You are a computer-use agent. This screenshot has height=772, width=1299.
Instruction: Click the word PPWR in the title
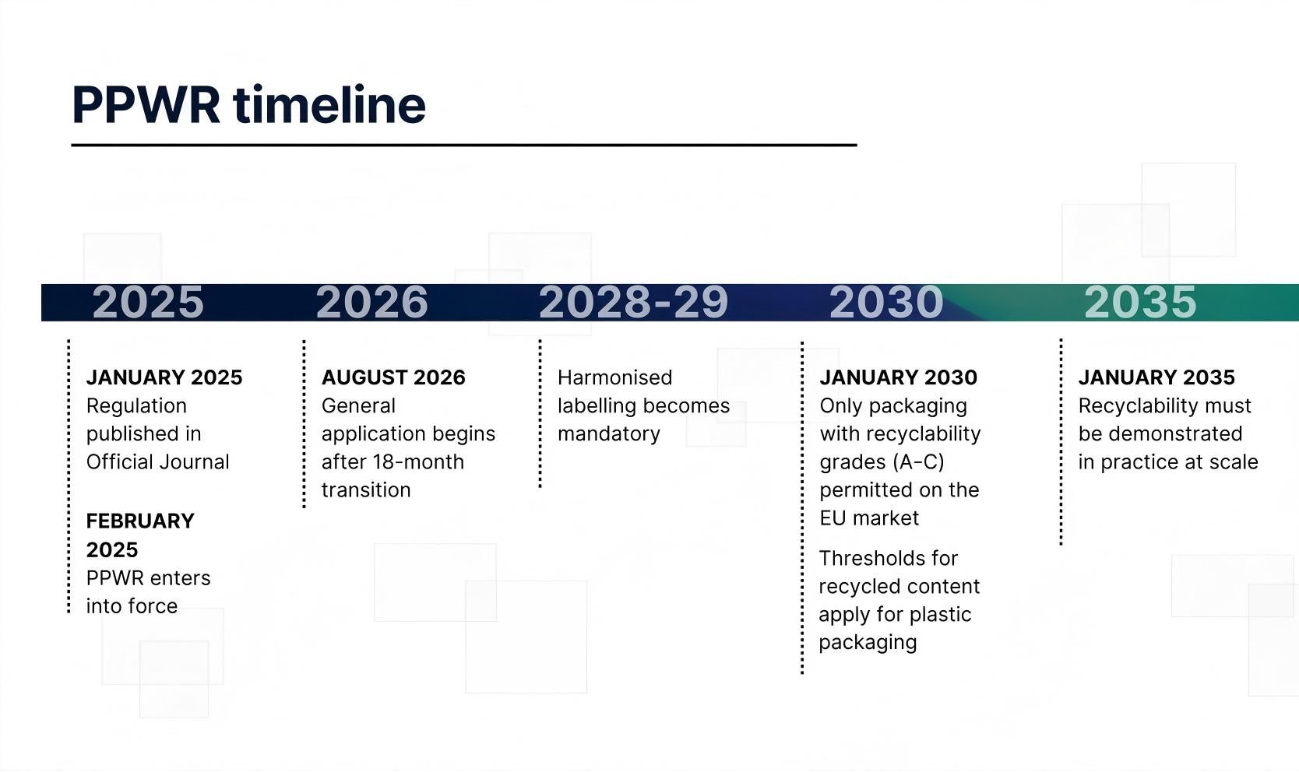pyautogui.click(x=146, y=105)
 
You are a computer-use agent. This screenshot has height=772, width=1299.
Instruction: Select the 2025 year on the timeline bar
pyautogui.click(x=148, y=302)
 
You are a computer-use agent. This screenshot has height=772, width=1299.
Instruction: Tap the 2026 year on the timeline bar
pyautogui.click(x=371, y=302)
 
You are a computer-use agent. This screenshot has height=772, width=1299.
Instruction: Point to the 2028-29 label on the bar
pyautogui.click(x=633, y=302)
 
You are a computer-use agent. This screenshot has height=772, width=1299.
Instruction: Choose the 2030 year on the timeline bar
pyautogui.click(x=886, y=302)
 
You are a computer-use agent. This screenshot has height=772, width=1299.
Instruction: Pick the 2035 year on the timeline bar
pyautogui.click(x=1140, y=302)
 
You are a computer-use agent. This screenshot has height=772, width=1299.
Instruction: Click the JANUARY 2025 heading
pyautogui.click(x=164, y=377)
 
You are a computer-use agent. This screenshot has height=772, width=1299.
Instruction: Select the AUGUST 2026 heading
pyautogui.click(x=393, y=377)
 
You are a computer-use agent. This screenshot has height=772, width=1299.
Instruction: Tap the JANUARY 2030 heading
pyautogui.click(x=898, y=377)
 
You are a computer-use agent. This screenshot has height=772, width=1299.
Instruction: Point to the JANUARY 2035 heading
pyautogui.click(x=1156, y=377)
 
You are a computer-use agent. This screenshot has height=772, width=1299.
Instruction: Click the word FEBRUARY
pyautogui.click(x=140, y=521)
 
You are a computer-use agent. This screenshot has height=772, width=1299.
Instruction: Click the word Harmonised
pyautogui.click(x=614, y=377)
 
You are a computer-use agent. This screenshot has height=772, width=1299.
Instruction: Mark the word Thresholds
pyautogui.click(x=888, y=558)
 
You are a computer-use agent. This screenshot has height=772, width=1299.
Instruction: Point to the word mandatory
pyautogui.click(x=608, y=434)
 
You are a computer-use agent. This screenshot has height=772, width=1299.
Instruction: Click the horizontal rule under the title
pyautogui.click(x=464, y=145)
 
